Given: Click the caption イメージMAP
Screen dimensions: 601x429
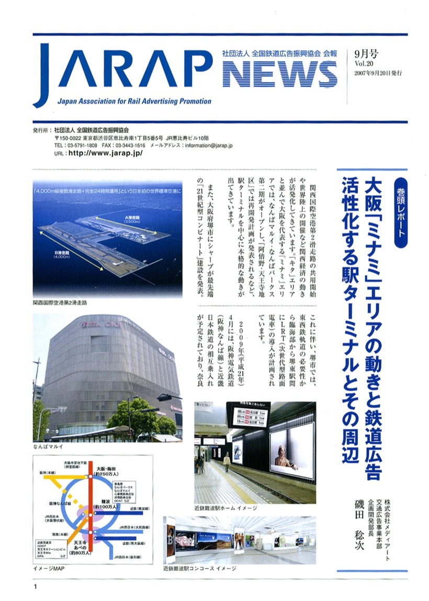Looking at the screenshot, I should tap(50, 569).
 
